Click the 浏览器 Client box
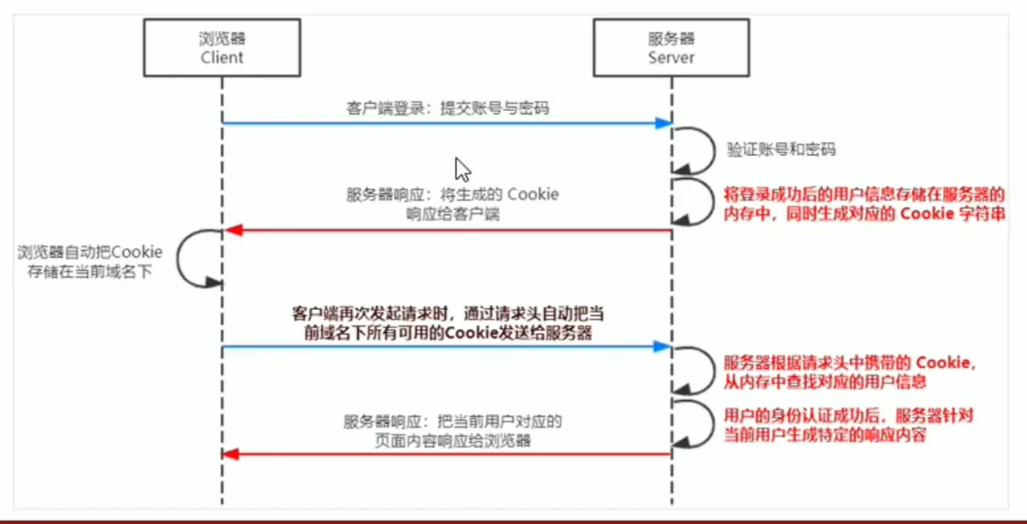click(x=222, y=47)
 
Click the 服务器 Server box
click(x=671, y=47)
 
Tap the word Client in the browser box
click(x=222, y=57)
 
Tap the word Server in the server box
click(x=671, y=57)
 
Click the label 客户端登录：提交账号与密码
click(x=448, y=109)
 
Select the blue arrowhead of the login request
click(x=663, y=123)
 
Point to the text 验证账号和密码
click(x=781, y=149)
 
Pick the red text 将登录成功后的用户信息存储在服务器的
click(x=864, y=195)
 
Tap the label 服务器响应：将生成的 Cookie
click(x=452, y=194)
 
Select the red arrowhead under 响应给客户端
click(x=231, y=230)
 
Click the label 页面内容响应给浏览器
click(x=452, y=442)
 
